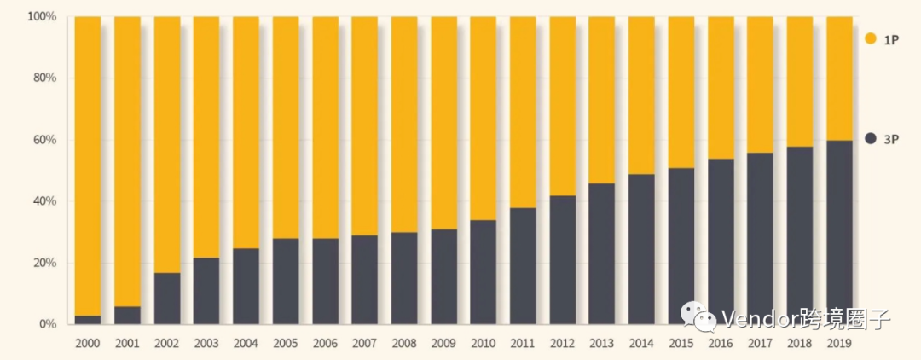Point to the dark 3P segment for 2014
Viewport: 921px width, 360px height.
pos(641,249)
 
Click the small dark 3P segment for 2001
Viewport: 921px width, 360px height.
pos(127,316)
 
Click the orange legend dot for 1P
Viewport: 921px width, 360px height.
pos(871,38)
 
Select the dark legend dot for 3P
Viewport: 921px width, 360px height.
pos(871,138)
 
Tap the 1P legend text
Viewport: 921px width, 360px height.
pos(891,38)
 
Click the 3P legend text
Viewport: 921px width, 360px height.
pos(892,138)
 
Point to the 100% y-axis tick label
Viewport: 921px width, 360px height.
pos(42,16)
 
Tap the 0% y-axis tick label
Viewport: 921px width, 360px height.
pos(48,324)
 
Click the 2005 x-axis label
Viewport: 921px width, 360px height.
pos(286,343)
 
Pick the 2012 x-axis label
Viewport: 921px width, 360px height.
pos(562,343)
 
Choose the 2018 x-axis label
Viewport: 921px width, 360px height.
pos(799,343)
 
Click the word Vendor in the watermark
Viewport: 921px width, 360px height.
pos(754,320)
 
